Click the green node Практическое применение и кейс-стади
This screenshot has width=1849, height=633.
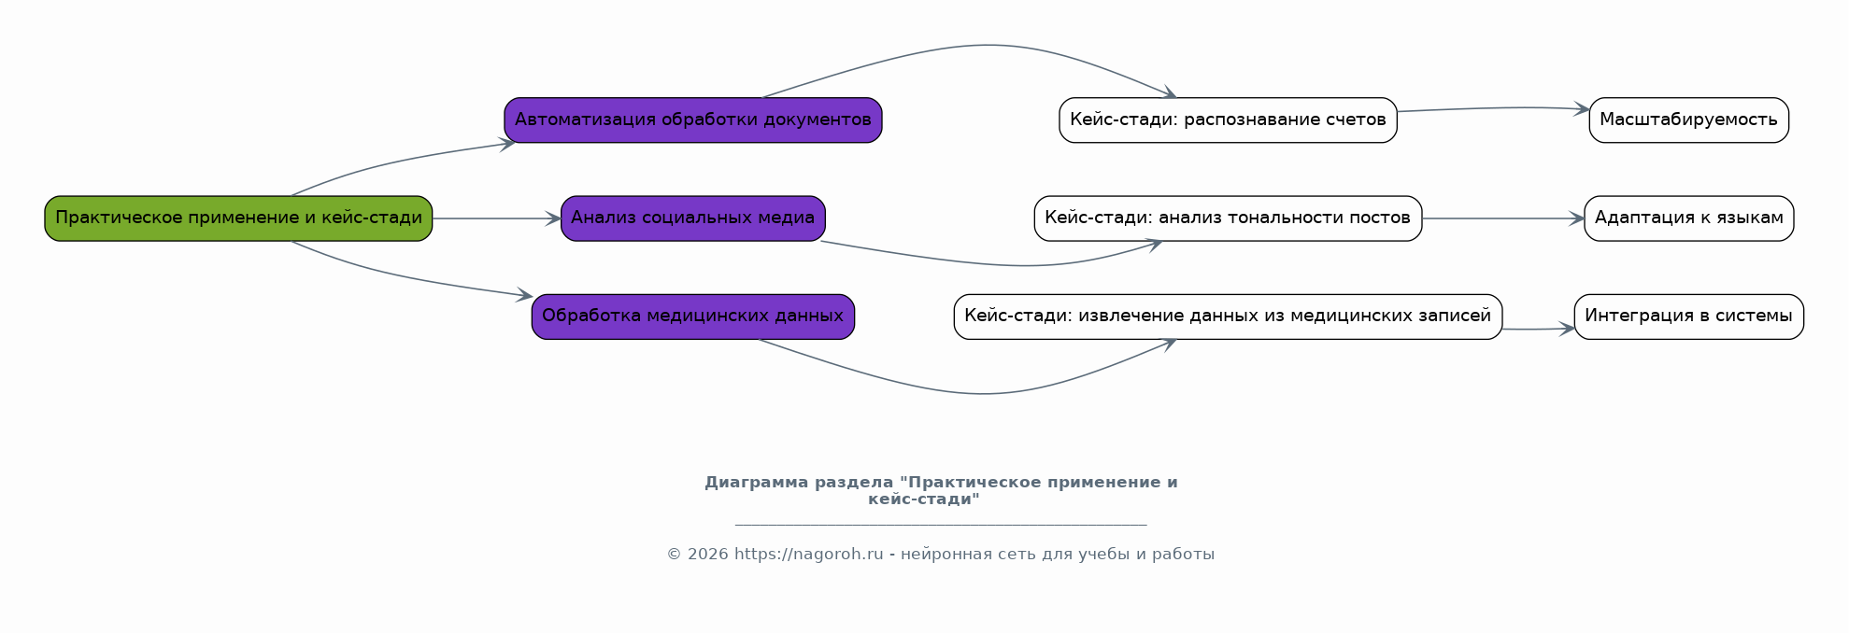click(x=238, y=218)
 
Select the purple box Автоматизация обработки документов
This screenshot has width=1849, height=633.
click(x=693, y=120)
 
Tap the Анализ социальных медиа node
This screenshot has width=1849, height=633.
click(x=693, y=218)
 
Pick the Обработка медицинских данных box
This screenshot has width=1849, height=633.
click(x=693, y=316)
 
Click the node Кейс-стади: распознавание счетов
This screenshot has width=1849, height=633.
click(x=1228, y=120)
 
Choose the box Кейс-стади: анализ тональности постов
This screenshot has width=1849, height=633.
click(x=1228, y=218)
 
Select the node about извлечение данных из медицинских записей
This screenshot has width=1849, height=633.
click(x=1228, y=316)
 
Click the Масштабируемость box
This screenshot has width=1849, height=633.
click(x=1689, y=120)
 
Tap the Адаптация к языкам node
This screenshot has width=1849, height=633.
click(x=1689, y=218)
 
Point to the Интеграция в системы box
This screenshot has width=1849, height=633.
click(x=1689, y=316)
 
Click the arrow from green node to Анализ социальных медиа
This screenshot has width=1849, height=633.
click(x=496, y=218)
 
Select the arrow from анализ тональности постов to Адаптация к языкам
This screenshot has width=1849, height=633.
click(x=1503, y=218)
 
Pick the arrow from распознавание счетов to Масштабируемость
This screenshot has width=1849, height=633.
click(x=1493, y=108)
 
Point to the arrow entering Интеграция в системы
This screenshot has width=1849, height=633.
click(x=1538, y=330)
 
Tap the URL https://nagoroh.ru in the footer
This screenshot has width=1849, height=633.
click(x=808, y=555)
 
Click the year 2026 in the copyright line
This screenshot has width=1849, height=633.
click(x=707, y=555)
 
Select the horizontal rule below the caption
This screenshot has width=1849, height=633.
click(x=941, y=525)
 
